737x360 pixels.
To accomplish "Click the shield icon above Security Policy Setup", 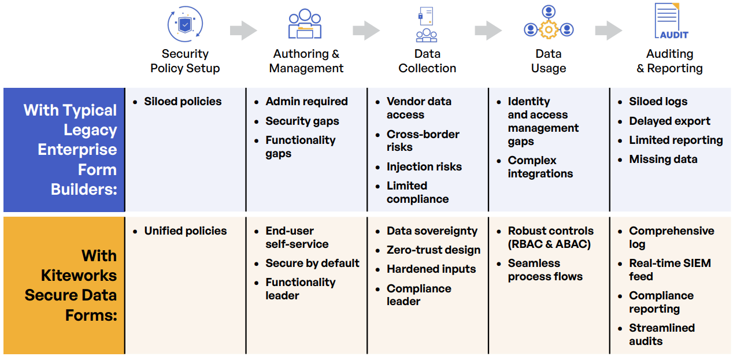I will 184,24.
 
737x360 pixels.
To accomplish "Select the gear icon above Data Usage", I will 548,29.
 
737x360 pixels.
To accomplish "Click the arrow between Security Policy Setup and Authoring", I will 243,31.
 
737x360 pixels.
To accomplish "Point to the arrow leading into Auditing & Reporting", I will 609,31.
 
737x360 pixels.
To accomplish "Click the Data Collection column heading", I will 427,61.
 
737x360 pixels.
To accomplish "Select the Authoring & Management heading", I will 306,61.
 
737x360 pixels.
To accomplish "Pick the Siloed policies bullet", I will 183,102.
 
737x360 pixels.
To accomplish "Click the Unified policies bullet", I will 185,231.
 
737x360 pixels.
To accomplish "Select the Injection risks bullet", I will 424,167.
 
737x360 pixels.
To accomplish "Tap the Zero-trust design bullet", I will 433,250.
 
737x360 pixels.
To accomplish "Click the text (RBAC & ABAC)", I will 549,244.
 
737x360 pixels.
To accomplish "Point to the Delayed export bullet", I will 669,121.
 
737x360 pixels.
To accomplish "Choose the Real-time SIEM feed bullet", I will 669,270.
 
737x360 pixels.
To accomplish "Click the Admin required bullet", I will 306,102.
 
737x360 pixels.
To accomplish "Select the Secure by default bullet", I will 312,263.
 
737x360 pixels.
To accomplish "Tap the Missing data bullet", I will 663,159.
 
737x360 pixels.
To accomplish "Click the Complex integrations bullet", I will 540,167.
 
